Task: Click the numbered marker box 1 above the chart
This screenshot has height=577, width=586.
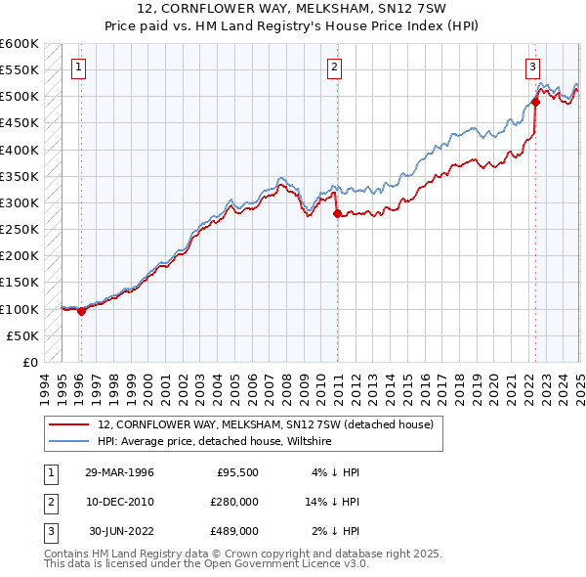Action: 77,67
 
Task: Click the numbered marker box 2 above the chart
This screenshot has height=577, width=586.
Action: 334,67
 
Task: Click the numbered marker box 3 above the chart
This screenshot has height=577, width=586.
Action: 532,67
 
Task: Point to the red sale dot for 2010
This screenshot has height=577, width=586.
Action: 337,213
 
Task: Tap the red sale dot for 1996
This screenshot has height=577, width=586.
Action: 81,312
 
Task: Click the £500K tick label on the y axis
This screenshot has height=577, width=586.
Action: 19,97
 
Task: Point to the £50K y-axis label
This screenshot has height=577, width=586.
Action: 22,335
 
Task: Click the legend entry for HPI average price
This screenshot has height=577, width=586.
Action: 215,442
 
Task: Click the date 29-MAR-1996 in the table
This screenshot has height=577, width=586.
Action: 120,472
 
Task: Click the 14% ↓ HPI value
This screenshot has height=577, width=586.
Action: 332,502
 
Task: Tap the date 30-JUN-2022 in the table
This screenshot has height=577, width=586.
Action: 120,531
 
